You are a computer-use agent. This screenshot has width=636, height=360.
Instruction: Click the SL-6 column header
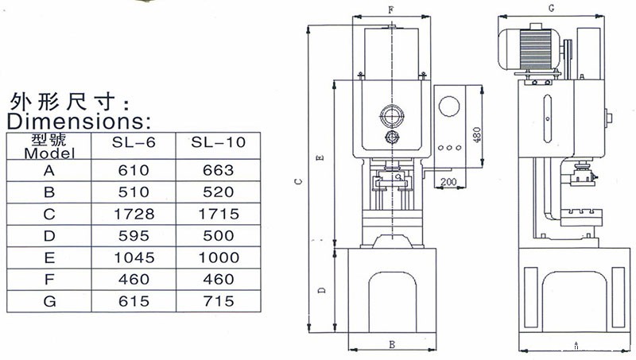pyautogui.click(x=134, y=142)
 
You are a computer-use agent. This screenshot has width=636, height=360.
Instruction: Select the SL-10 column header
pyautogui.click(x=218, y=142)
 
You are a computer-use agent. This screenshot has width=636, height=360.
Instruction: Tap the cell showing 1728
pyautogui.click(x=134, y=214)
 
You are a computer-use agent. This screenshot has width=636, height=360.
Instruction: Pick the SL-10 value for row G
pyautogui.click(x=218, y=301)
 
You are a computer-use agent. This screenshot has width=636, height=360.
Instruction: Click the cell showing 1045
pyautogui.click(x=134, y=257)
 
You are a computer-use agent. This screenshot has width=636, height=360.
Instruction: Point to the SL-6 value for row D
pyautogui.click(x=134, y=236)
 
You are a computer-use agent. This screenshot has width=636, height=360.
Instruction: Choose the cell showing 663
pyautogui.click(x=218, y=170)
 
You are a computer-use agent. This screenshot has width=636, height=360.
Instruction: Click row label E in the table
pyautogui.click(x=49, y=257)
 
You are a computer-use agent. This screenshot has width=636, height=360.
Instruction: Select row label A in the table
pyautogui.click(x=49, y=170)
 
